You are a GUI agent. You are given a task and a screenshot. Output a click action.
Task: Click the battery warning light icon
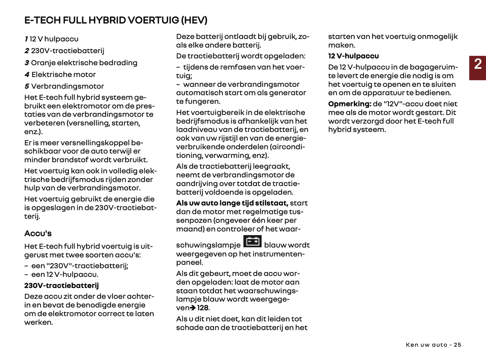(252, 242)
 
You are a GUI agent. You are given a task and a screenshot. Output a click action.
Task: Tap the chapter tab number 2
(478, 64)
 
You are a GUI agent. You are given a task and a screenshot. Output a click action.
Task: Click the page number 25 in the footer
(457, 345)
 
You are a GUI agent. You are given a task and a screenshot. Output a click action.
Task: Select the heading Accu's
(38, 233)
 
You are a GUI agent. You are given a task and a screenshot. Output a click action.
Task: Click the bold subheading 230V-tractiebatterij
(62, 286)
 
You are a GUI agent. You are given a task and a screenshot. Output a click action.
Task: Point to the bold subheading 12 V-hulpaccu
(353, 56)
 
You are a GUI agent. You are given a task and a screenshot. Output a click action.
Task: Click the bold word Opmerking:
(350, 104)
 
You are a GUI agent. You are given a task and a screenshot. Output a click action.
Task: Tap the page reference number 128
(203, 308)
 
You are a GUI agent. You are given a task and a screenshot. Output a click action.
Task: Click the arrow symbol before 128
(193, 308)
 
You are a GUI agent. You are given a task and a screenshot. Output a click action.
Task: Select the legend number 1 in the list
(26, 39)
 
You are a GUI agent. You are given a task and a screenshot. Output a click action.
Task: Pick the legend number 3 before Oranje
(27, 63)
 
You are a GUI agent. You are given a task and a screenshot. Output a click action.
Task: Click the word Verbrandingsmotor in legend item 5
(68, 86)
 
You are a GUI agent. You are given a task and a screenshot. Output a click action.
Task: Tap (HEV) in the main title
(194, 20)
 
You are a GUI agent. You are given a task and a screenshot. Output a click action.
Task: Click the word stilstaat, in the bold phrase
(271, 203)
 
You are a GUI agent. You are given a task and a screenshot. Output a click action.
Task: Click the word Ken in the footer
(412, 345)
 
